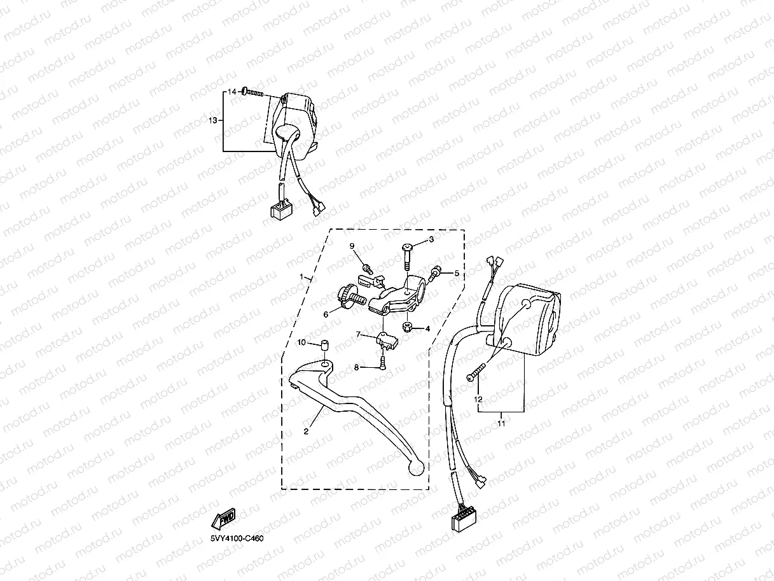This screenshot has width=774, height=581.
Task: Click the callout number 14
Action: click(232, 92)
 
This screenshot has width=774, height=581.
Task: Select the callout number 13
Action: click(214, 120)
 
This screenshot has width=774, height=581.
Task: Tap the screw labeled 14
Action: click(252, 93)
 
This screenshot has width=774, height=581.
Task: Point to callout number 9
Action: click(351, 246)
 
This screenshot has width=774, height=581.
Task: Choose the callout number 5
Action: click(455, 273)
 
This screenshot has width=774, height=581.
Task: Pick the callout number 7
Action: click(358, 333)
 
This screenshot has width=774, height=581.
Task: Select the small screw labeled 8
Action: click(383, 363)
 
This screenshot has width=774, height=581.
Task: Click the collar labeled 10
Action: click(324, 346)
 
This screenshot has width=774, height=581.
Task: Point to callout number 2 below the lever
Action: click(306, 431)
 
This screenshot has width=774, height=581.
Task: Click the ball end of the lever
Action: click(415, 468)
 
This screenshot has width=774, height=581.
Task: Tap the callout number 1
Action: click(303, 277)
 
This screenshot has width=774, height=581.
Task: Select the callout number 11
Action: click(501, 423)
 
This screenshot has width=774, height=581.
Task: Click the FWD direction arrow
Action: click(223, 519)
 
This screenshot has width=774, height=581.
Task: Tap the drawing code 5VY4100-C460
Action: click(237, 538)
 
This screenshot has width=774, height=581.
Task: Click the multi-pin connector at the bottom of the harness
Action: click(462, 520)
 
